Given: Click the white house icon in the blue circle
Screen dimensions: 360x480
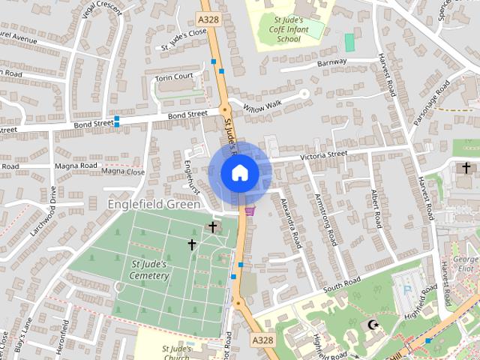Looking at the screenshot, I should click(239, 173).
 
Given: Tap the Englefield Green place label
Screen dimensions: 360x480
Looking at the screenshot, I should click(154, 204).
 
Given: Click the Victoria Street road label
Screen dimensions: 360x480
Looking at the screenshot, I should click(324, 155).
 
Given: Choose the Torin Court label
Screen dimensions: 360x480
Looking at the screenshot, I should click(174, 77).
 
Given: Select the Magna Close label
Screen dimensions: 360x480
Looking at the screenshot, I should click(123, 172).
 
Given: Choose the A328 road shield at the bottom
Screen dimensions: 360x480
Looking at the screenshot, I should click(262, 340).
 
